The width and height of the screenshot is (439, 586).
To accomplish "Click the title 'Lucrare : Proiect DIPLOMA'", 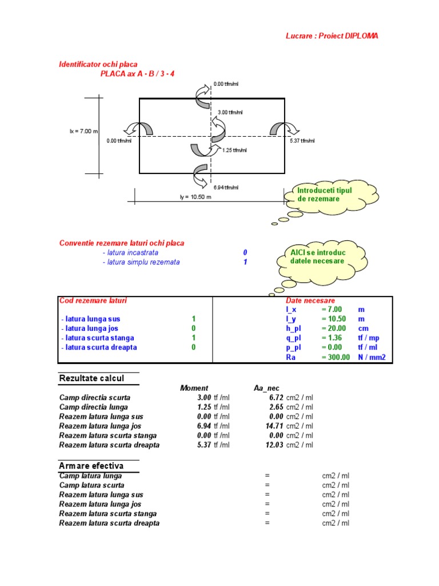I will pos(332,36).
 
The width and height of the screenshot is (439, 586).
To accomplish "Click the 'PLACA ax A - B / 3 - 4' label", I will pos(137,74).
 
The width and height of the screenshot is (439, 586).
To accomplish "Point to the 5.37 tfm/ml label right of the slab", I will pos(302,141).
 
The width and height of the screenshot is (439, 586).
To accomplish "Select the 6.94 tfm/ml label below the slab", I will pos(226,187).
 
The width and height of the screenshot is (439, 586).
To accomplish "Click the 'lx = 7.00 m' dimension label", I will pos(84,131).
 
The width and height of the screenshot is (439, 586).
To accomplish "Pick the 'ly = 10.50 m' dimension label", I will pos(195,197).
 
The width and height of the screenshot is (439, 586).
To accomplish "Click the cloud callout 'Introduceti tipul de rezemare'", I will pos(325,195).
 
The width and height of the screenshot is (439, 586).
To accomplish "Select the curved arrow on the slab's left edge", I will pos(141,128).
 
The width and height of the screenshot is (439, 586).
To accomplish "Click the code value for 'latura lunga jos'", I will pos(194,328).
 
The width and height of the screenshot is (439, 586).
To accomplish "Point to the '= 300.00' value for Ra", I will pos(336,357).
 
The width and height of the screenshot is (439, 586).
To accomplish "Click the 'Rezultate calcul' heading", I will pos(91,378).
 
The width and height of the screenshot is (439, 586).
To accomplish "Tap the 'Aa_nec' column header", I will pos(266,388).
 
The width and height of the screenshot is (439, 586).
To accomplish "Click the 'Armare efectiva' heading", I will pos(91,466).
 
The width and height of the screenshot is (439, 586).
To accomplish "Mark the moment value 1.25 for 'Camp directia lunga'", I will pos(204,407).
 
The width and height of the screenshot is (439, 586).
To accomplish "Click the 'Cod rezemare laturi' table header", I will pos(93,300).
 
